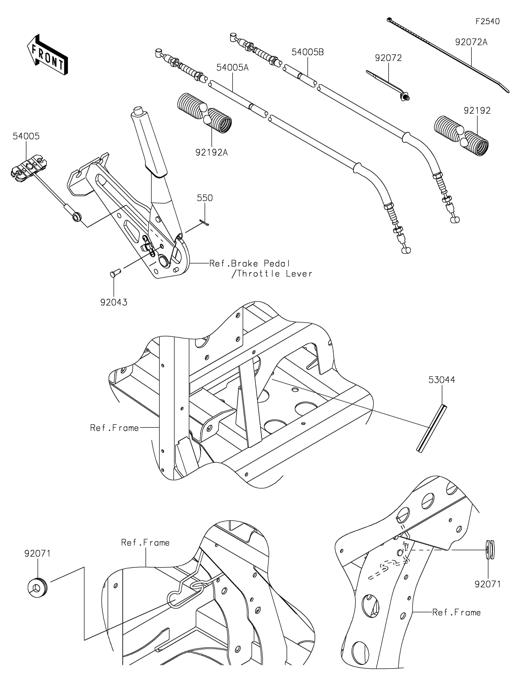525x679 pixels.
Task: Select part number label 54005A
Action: [x=232, y=68]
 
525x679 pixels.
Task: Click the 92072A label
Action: [x=471, y=42]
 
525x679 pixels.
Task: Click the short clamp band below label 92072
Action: [x=388, y=86]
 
